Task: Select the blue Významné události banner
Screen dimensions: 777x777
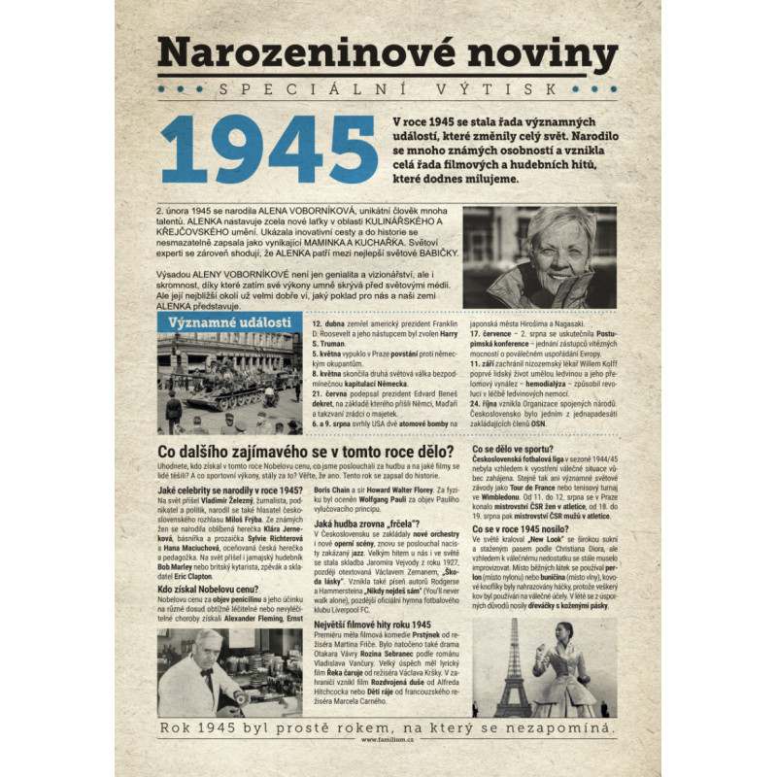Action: (x=229, y=322)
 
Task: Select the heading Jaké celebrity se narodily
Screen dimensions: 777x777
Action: (x=229, y=490)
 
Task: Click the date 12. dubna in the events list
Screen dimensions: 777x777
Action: (x=327, y=321)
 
